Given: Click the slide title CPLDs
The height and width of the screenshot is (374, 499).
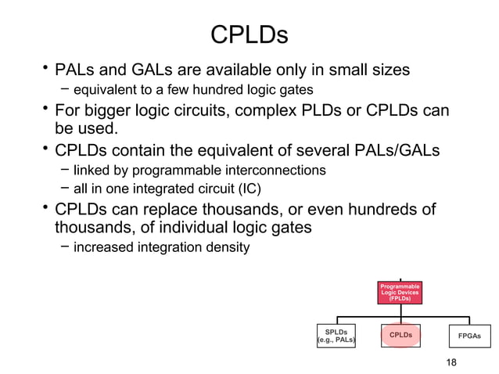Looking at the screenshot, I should tap(249, 34).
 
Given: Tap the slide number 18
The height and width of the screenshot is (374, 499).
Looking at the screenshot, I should tap(450, 361).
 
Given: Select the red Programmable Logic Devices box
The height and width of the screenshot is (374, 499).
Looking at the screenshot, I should tap(400, 293).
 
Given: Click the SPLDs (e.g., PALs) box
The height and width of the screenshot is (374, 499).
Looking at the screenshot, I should tap(336, 336).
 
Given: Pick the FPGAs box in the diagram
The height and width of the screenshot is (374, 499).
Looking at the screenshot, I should tap(469, 336).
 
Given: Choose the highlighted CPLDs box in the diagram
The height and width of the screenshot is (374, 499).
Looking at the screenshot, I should tap(400, 336).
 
